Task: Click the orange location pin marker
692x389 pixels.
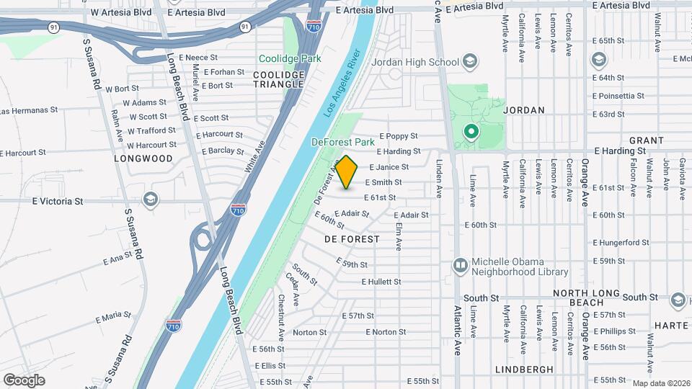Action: pyautogui.click(x=347, y=172)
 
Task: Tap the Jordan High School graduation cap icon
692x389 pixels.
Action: pyautogui.click(x=470, y=61)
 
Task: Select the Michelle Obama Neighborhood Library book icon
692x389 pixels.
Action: pyautogui.click(x=459, y=266)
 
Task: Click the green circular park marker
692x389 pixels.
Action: pyautogui.click(x=471, y=132)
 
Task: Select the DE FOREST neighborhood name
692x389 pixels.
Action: pyautogui.click(x=352, y=238)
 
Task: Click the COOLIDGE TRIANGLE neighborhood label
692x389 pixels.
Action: pyautogui.click(x=278, y=79)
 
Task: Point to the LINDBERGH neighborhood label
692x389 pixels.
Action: pyautogui.click(x=524, y=369)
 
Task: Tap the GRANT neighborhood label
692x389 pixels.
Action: pyautogui.click(x=646, y=140)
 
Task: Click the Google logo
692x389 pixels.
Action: pyautogui.click(x=24, y=380)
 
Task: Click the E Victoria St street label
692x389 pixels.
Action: pyautogui.click(x=58, y=201)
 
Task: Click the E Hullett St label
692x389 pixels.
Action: pyautogui.click(x=381, y=282)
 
